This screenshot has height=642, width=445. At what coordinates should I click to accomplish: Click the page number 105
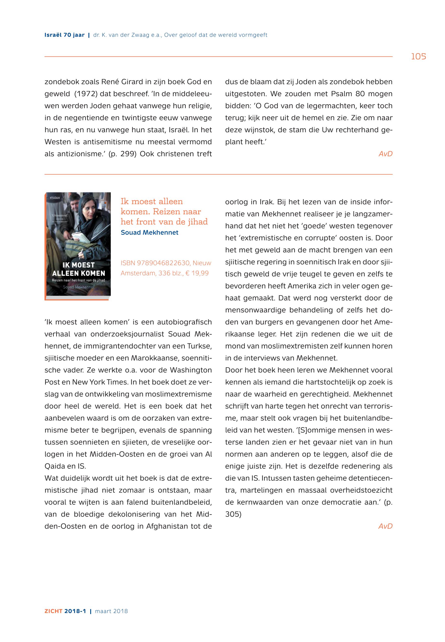[x=418, y=57]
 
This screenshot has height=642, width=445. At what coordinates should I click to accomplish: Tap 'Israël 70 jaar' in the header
[x=64, y=35]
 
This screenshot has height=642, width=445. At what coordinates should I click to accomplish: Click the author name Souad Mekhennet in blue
[x=150, y=232]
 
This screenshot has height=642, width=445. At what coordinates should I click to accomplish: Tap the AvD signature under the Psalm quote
[x=385, y=154]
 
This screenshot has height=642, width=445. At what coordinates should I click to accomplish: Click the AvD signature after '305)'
[x=385, y=526]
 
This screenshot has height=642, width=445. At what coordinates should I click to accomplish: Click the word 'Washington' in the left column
[x=191, y=370]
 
